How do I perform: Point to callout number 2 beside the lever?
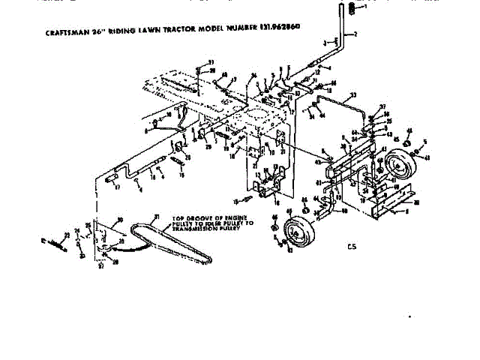coord(355,34)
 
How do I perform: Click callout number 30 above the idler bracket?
coord(119,220)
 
